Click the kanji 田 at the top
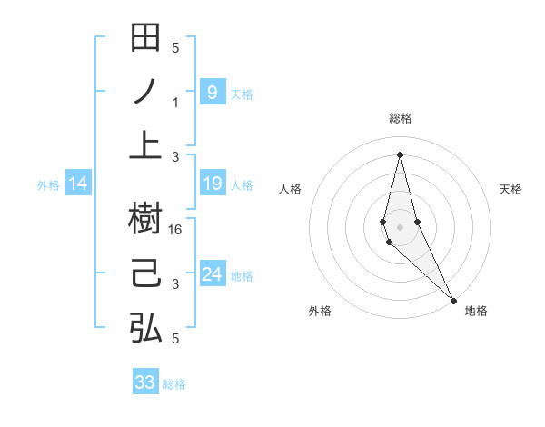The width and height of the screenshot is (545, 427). pyautogui.click(x=145, y=40)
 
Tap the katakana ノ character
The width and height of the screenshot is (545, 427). pyautogui.click(x=145, y=92)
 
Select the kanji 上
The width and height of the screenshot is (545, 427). pyautogui.click(x=145, y=144)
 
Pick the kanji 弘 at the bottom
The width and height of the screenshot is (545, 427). pyautogui.click(x=145, y=327)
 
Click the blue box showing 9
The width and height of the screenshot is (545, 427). pyautogui.click(x=212, y=92)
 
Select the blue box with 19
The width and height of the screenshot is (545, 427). pyautogui.click(x=212, y=184)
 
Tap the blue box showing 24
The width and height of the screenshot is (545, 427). pyautogui.click(x=212, y=273)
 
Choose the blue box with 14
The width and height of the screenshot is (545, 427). pyautogui.click(x=78, y=184)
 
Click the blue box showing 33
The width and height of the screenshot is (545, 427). pyautogui.click(x=145, y=382)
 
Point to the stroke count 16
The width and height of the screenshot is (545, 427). pyautogui.click(x=176, y=229)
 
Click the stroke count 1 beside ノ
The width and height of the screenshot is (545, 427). pyautogui.click(x=176, y=103)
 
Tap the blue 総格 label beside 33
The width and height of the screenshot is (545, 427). pyautogui.click(x=174, y=384)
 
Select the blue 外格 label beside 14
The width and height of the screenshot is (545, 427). pyautogui.click(x=48, y=185)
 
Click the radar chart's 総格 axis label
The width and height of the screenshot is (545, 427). pyautogui.click(x=400, y=118)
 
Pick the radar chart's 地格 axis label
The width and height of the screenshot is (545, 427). pyautogui.click(x=476, y=311)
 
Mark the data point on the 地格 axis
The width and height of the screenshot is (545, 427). pyautogui.click(x=453, y=300)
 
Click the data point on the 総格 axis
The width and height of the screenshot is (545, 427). pyautogui.click(x=400, y=154)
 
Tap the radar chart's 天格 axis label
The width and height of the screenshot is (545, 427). pyautogui.click(x=510, y=189)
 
